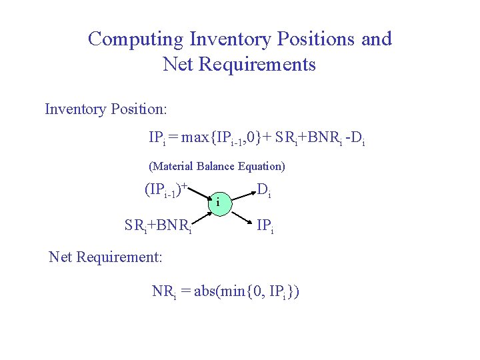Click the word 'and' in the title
[376, 39]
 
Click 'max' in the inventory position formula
[195, 139]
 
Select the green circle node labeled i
[219, 203]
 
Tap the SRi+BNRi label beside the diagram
[159, 226]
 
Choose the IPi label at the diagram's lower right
[265, 227]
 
